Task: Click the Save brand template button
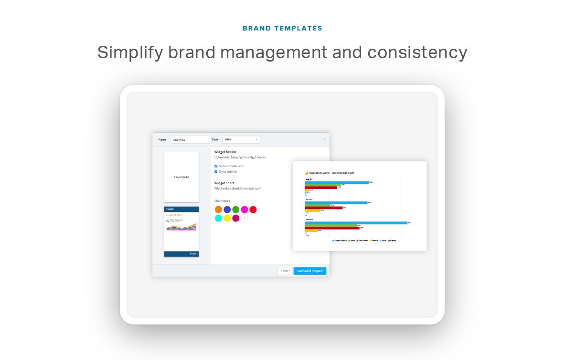[x=309, y=271]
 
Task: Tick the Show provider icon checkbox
[x=216, y=166]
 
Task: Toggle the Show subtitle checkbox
[x=216, y=171]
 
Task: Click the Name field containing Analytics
[x=190, y=140]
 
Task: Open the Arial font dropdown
[x=241, y=139]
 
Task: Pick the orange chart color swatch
[x=218, y=210]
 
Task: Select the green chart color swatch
[x=235, y=210]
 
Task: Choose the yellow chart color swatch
[x=227, y=218]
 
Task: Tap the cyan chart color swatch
[x=218, y=218]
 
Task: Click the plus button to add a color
[x=244, y=218]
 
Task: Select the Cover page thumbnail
[x=181, y=177]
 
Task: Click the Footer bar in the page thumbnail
[x=181, y=254]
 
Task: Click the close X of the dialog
[x=325, y=139]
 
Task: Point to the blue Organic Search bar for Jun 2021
[x=356, y=222]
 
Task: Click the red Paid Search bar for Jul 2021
[x=324, y=208]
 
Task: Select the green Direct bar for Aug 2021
[x=323, y=185]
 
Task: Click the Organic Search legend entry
[x=340, y=241]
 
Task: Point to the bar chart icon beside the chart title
[x=307, y=173]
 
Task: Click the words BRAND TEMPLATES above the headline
[x=282, y=28]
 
